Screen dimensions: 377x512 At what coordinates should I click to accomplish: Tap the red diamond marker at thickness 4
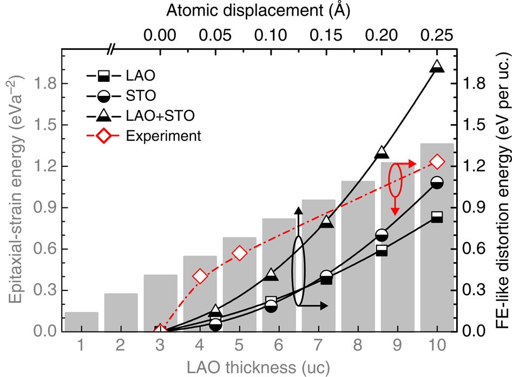(200, 276)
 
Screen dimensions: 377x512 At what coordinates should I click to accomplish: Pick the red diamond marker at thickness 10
(437, 162)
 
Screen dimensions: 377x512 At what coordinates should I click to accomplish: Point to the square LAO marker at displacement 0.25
(437, 217)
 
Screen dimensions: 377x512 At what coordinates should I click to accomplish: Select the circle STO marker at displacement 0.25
(437, 183)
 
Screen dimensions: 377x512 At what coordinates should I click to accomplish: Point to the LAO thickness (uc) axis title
(259, 367)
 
